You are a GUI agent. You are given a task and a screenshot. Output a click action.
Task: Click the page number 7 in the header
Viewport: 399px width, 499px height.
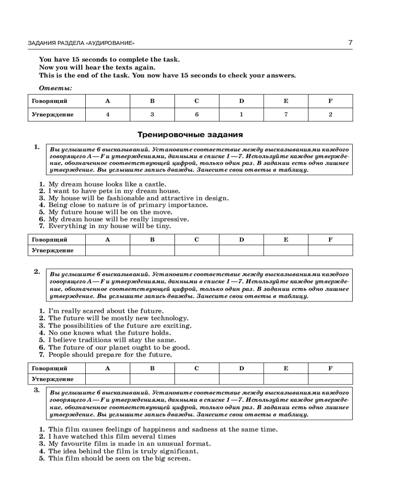[350, 42]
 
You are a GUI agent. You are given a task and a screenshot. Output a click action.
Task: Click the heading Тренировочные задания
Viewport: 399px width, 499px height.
[190, 134]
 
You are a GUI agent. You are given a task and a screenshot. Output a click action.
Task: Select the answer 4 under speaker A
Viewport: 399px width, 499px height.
[108, 114]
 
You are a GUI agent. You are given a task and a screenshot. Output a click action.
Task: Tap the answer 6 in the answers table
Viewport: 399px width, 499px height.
[197, 114]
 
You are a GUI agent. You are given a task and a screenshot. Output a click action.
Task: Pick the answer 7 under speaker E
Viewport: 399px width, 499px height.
[286, 114]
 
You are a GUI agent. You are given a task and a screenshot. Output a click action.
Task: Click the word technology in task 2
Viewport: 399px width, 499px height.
[168, 318]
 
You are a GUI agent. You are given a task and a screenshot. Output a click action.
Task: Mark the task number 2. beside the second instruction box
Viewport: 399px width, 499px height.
[37, 272]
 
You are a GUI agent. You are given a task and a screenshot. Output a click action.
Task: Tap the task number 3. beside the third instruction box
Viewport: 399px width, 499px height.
[37, 390]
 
